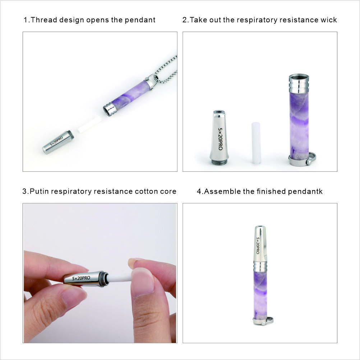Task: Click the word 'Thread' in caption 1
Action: (x=42, y=20)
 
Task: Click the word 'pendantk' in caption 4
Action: (x=305, y=191)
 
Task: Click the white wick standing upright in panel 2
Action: (x=256, y=143)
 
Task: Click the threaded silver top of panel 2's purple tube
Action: (x=299, y=83)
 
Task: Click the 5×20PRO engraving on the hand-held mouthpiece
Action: (x=81, y=278)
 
